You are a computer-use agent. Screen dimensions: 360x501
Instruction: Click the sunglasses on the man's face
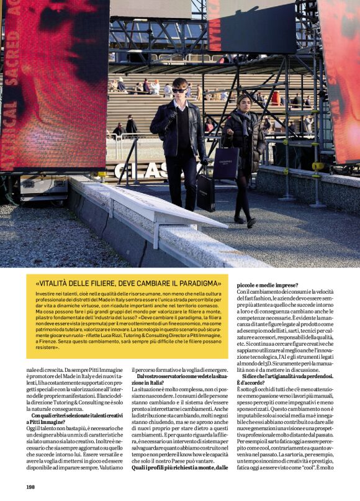click(x=179, y=91)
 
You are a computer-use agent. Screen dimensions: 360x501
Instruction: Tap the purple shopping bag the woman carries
click(x=225, y=163)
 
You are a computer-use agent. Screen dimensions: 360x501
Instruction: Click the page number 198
click(x=30, y=487)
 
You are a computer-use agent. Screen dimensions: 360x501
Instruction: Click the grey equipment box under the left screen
click(x=43, y=187)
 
